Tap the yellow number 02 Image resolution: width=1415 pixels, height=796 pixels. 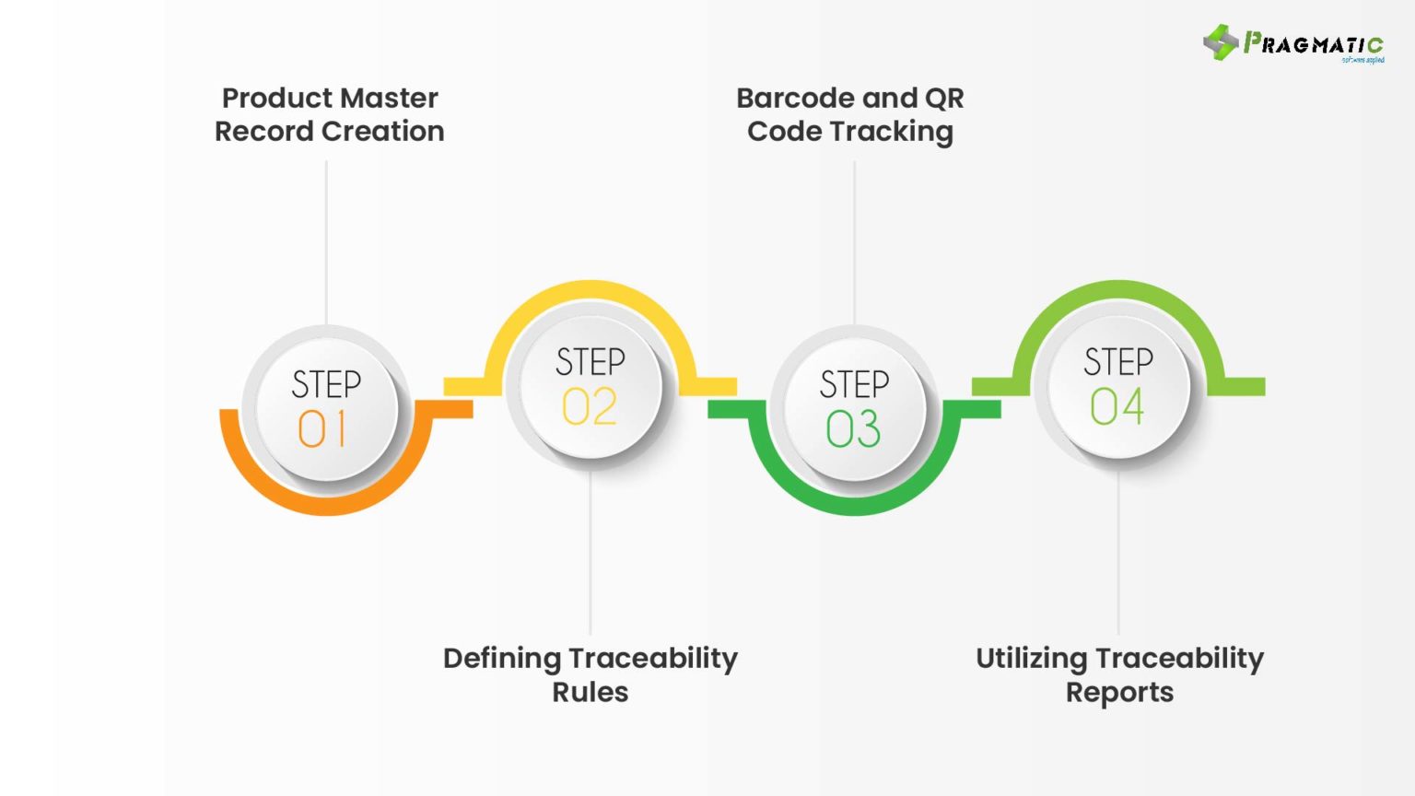tap(590, 406)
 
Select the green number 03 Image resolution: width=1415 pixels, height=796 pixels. tap(853, 429)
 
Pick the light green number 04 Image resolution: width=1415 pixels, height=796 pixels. tap(1117, 406)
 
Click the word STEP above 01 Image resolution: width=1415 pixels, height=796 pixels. tap(326, 384)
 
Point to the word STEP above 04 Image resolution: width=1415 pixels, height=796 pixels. tap(1117, 361)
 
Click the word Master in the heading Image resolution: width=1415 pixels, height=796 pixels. tap(390, 98)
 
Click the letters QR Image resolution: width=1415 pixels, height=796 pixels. tap(945, 98)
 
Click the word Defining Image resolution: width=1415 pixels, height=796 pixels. tap(502, 658)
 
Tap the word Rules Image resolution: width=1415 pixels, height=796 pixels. tap(590, 692)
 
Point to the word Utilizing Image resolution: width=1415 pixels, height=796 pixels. tap(1032, 658)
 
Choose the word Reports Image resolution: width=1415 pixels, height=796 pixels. tap(1119, 693)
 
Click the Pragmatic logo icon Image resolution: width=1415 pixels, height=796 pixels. tap(1221, 42)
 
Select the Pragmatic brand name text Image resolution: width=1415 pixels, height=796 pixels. tap(1313, 43)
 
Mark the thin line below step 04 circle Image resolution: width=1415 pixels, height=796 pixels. tap(1118, 553)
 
